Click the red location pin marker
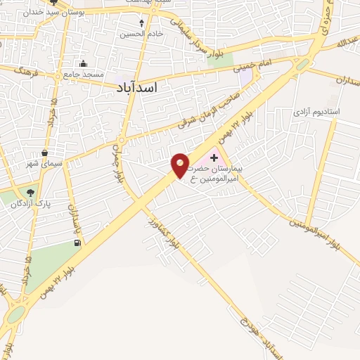(x=181, y=165)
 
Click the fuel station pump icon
(x=76, y=243)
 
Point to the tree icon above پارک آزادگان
(x=30, y=191)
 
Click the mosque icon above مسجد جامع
(x=83, y=63)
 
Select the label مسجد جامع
(x=84, y=74)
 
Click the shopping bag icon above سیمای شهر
(x=45, y=153)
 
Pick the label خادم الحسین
(x=141, y=34)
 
